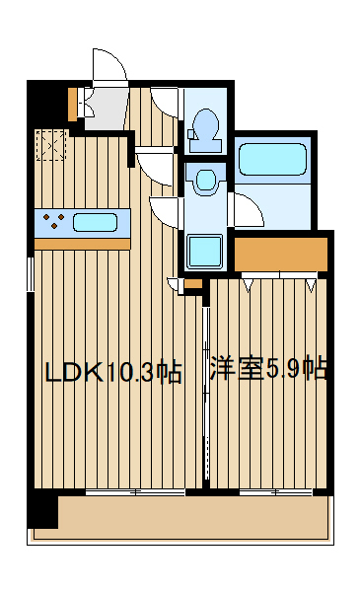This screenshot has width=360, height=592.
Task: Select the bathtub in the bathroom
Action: (x=272, y=159)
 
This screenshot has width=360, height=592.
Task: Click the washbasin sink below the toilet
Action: (x=205, y=181)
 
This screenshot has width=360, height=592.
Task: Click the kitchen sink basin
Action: (x=95, y=221)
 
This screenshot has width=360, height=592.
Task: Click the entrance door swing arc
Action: (x=108, y=64)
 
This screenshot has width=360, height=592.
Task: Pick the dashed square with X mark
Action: (x=50, y=145)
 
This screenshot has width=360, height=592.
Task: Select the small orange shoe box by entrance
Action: (x=73, y=102)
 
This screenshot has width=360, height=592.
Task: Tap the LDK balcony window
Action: (x=133, y=490)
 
